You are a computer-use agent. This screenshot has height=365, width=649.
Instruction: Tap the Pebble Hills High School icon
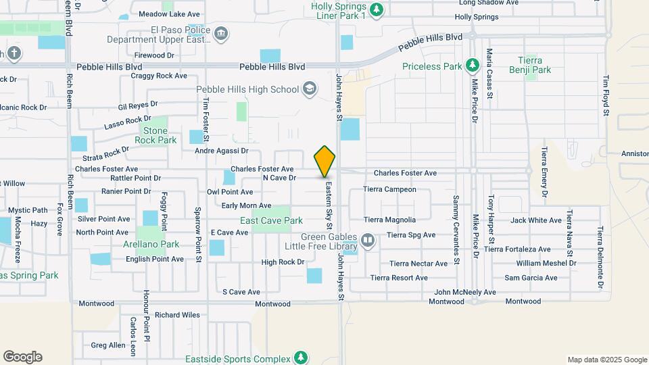(x=309, y=89)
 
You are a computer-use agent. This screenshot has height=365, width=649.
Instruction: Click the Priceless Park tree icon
(x=473, y=66)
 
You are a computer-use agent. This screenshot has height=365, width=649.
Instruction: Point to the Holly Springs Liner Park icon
(x=377, y=9)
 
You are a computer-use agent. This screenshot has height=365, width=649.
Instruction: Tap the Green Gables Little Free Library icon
(x=368, y=239)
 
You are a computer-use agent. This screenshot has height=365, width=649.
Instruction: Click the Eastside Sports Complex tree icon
(x=301, y=358)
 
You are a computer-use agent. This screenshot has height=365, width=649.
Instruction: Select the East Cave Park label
(x=271, y=220)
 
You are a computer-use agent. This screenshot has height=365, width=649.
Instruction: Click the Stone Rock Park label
(x=155, y=135)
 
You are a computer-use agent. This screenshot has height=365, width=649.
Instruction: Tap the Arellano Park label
(x=151, y=244)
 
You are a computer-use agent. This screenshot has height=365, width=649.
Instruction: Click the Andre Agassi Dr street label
(x=222, y=151)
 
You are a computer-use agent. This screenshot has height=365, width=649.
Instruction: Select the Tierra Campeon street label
(x=389, y=189)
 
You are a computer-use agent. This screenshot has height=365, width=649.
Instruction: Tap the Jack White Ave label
(x=536, y=220)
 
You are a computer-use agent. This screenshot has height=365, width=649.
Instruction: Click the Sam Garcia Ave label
(x=531, y=278)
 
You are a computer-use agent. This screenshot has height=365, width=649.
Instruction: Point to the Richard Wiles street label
(x=177, y=315)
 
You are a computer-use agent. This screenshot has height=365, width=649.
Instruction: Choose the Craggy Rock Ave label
(x=160, y=76)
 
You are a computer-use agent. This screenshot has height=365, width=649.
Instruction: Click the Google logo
(x=22, y=357)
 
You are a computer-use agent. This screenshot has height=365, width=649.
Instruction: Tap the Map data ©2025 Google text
(x=606, y=360)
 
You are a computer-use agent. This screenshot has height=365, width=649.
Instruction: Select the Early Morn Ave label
(x=246, y=205)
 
